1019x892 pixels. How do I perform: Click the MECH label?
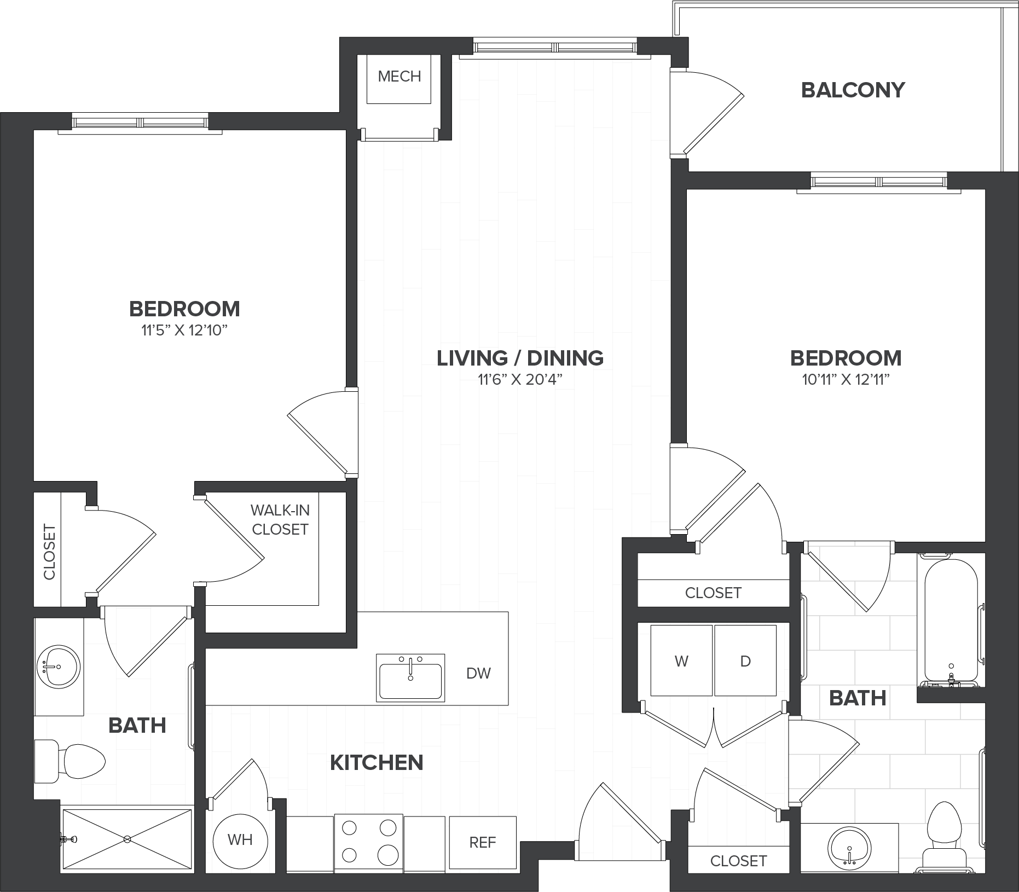point(400,76)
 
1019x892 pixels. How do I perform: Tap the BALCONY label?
point(853,90)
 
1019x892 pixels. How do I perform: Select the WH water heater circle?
point(240,839)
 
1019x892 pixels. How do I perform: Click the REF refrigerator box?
point(483,842)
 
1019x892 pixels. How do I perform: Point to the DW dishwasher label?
point(479,673)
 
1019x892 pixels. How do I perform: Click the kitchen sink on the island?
point(410,677)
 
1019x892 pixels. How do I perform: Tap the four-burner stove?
point(369,842)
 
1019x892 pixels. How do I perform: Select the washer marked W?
point(681,661)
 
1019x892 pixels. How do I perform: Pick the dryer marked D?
point(745,661)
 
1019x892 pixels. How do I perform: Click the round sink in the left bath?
point(57,667)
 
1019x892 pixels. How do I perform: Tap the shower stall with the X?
point(127,838)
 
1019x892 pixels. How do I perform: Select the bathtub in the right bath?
point(951,620)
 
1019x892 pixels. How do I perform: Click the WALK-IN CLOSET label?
point(280,520)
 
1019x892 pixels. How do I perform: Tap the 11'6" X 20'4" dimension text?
point(520,380)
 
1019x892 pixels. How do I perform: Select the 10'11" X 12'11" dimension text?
point(846,380)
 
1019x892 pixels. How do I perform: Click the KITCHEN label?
point(377,763)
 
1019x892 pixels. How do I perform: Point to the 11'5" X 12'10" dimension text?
point(184,331)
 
